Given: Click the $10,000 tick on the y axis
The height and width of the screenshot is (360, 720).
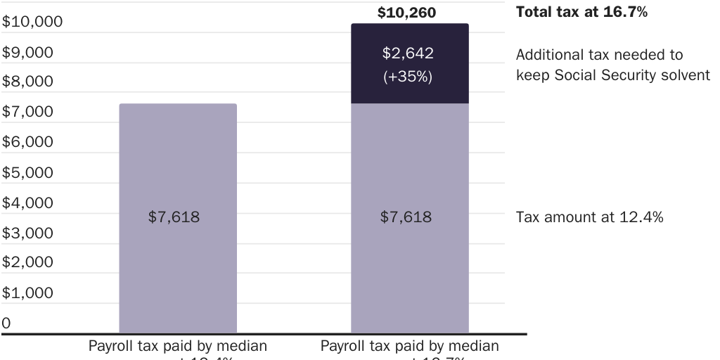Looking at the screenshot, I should coord(32,22).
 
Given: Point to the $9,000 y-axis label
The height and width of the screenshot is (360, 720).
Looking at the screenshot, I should coord(28,52).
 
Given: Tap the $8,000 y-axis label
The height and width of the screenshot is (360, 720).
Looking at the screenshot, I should coord(28,82).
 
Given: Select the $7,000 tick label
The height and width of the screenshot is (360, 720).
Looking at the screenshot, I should coord(28,112).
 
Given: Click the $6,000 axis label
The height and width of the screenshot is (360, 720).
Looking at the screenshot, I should coord(28,142).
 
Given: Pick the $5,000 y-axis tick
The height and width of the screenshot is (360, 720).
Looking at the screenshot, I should coord(28,172).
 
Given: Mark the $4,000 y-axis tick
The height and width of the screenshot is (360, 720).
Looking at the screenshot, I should coord(28,202).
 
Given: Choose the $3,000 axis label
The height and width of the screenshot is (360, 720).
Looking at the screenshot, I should coord(28,233).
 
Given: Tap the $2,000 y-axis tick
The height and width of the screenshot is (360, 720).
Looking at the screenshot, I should coord(28,262).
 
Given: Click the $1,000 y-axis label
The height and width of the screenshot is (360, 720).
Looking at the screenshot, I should coord(28,292).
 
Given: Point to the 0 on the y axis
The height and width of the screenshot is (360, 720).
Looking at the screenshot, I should coord(6,323).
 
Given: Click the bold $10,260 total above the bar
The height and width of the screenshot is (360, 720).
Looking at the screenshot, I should coord(406,13).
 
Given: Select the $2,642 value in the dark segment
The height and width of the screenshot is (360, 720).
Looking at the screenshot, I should coord(408,53).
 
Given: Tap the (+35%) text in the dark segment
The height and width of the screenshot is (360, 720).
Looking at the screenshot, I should coord(408,77).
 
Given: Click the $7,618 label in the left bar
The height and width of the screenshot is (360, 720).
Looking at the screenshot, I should coord(174,217).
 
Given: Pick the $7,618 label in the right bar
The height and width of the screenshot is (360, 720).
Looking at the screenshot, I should coord(406,217).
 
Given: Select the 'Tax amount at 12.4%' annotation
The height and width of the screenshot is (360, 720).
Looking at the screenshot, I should coord(589,217).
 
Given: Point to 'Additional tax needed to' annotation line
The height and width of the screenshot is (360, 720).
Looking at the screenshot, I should coord(599,55).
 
